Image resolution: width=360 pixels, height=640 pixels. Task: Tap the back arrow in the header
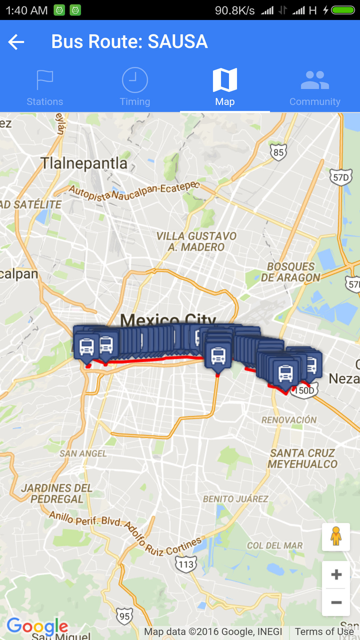[16, 42]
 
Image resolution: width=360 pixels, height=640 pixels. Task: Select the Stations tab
[45, 87]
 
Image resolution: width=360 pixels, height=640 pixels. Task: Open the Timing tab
[135, 87]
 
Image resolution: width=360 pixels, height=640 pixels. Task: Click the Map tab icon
[225, 80]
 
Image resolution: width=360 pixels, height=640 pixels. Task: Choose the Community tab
[315, 87]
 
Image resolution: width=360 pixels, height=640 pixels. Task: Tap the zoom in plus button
[336, 574]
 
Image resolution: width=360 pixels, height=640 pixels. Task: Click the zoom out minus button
[336, 602]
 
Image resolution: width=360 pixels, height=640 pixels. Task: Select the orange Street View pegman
[336, 537]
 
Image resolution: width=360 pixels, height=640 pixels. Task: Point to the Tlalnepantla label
[84, 163]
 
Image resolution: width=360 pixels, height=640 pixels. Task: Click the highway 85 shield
[278, 153]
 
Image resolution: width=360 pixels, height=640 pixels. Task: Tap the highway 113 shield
[186, 564]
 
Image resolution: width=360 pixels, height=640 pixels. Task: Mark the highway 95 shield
[124, 616]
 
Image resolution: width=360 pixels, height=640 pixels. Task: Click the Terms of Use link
[324, 632]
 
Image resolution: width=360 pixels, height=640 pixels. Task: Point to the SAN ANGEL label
[83, 454]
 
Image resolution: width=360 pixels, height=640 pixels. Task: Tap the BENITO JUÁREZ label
[236, 499]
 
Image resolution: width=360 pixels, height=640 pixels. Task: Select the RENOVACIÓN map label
[289, 420]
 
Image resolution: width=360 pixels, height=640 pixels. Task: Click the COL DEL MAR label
[275, 546]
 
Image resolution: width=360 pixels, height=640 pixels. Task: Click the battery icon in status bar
[343, 10]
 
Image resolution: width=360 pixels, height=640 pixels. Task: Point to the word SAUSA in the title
[178, 42]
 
